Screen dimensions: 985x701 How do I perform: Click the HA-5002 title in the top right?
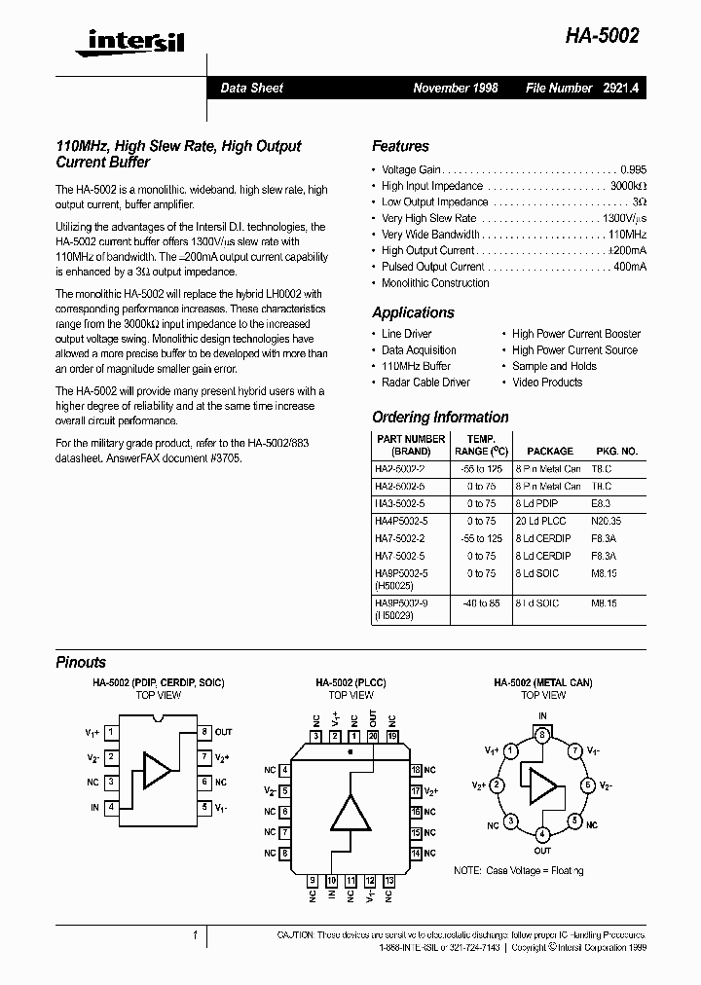(602, 36)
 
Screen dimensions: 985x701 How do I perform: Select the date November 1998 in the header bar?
(455, 88)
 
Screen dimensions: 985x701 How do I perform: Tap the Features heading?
(400, 146)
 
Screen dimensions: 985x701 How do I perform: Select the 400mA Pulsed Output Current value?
(629, 267)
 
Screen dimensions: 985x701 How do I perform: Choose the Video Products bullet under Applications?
(547, 383)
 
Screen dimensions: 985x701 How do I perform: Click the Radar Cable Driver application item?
(425, 383)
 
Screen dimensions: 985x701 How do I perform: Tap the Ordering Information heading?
(440, 417)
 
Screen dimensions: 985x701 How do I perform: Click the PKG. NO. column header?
(615, 452)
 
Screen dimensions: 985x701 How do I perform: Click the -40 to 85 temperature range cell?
(480, 602)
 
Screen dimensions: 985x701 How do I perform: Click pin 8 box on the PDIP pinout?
(204, 731)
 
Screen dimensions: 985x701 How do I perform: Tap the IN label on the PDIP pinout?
(94, 807)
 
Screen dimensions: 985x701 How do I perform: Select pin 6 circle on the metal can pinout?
(586, 784)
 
